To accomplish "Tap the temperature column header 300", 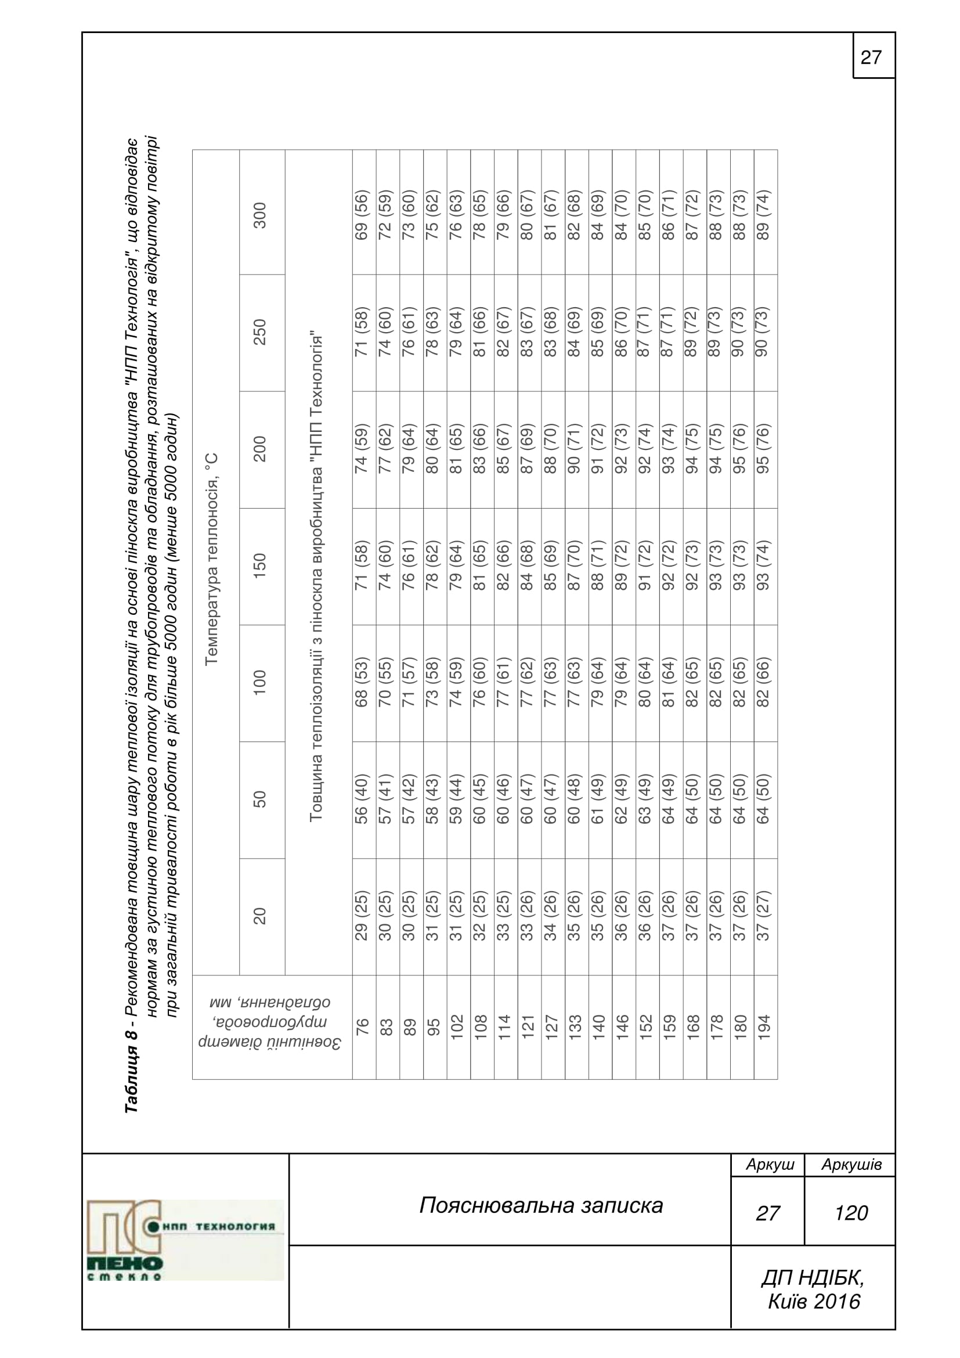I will (x=260, y=215).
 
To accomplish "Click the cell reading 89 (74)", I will (x=764, y=214).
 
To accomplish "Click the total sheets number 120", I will (x=851, y=1213).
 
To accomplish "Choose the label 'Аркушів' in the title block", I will (x=851, y=1165).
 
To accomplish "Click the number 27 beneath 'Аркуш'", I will (x=767, y=1213).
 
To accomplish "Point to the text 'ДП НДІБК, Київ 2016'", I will (x=813, y=1289).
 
